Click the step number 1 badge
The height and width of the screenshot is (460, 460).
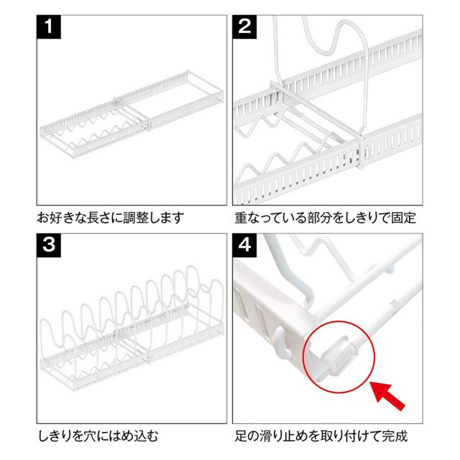tap(49, 27)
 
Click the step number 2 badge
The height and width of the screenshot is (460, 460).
tap(244, 27)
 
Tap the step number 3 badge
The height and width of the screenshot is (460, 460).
tap(49, 245)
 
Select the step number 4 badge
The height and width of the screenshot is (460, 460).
tap(244, 245)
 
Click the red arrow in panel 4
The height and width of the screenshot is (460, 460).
tap(388, 395)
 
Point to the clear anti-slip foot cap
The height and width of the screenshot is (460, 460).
tap(340, 356)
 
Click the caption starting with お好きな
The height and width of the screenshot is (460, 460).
tap(110, 218)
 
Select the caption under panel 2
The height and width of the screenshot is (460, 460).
tap(325, 218)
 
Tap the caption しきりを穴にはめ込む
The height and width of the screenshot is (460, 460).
tap(98, 436)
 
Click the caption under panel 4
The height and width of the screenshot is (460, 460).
tap(321, 436)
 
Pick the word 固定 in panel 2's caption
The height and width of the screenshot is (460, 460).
tap(403, 218)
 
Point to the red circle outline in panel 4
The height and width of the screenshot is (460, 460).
tap(303, 357)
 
